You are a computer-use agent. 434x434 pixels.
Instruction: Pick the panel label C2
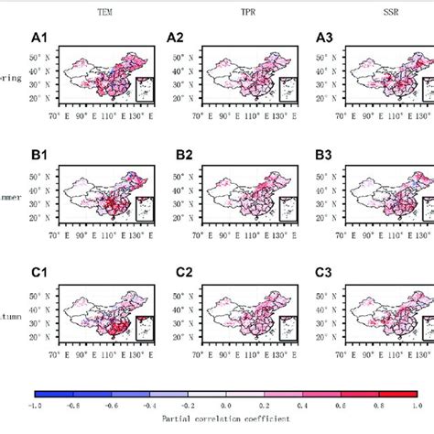[x=178, y=272]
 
